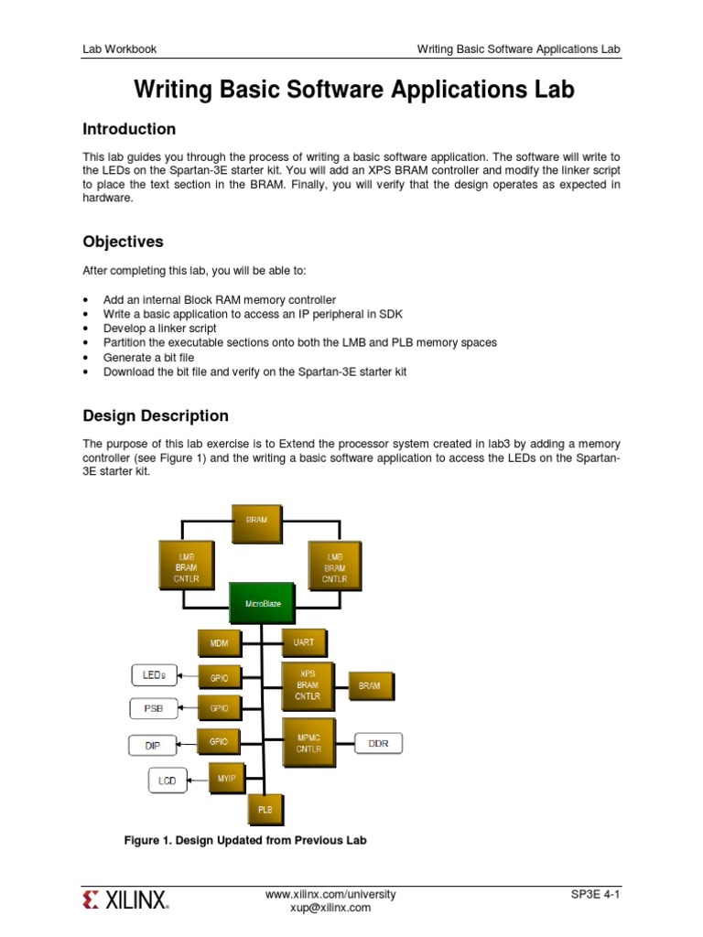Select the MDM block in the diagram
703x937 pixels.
click(x=220, y=643)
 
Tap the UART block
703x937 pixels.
click(x=303, y=642)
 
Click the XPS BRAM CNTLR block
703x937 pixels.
click(x=308, y=685)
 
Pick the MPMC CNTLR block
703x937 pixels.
click(x=308, y=742)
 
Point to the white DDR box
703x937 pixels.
click(x=378, y=743)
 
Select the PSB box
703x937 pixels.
click(x=153, y=707)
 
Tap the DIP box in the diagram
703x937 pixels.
click(x=152, y=746)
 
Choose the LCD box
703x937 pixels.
click(x=167, y=781)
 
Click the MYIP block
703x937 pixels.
click(x=225, y=778)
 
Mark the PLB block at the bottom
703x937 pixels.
click(x=265, y=809)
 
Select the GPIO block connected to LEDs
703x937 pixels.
click(x=220, y=677)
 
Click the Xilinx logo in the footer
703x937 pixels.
click(x=125, y=901)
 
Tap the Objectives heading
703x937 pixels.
click(x=123, y=242)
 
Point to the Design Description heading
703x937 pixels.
click(x=156, y=415)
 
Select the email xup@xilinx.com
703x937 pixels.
click(x=330, y=908)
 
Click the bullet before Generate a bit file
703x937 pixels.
click(x=85, y=358)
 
